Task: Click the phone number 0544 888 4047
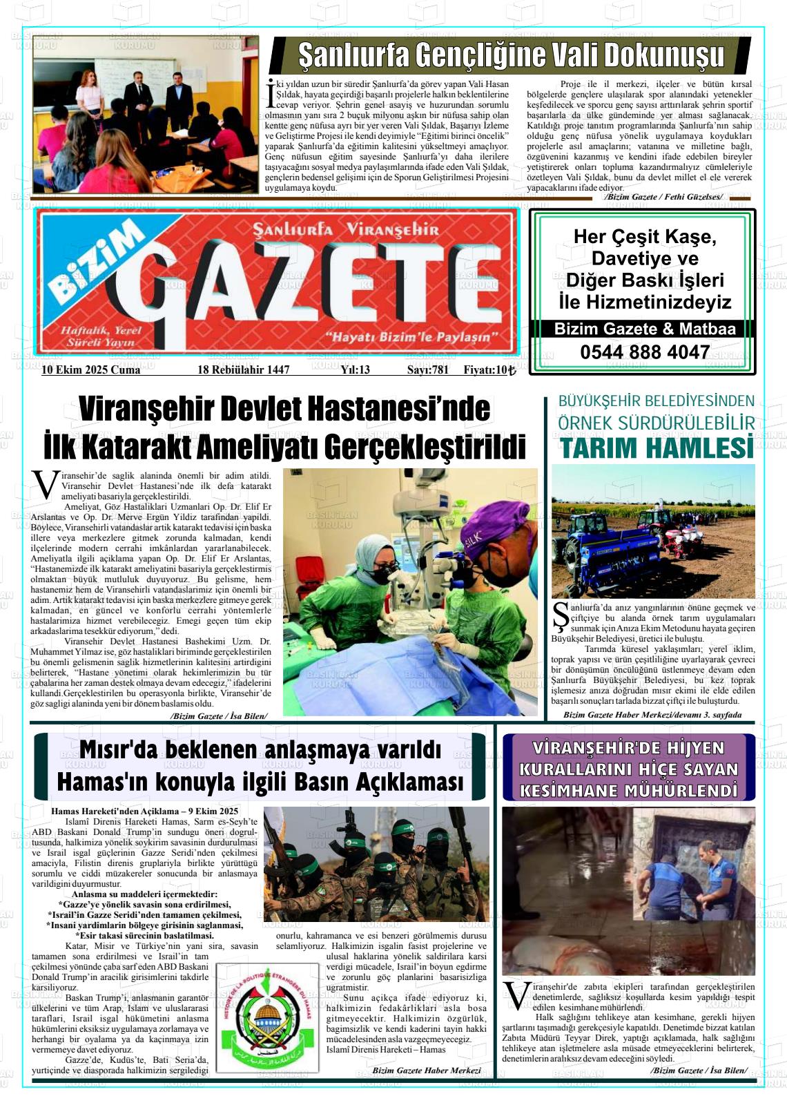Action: click(644, 352)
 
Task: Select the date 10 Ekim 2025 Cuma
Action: click(90, 370)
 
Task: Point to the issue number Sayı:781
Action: click(427, 370)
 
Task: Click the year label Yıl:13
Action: click(355, 370)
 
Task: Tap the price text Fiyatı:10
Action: click(489, 370)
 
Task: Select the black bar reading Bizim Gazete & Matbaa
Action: click(644, 329)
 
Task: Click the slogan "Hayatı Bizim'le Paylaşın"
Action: click(413, 338)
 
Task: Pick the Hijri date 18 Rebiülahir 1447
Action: click(243, 370)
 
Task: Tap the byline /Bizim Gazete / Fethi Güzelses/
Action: click(663, 198)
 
